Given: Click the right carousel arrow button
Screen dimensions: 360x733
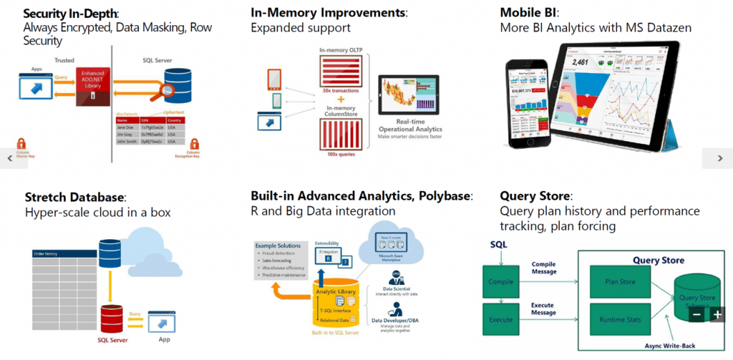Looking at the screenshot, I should click(x=717, y=158).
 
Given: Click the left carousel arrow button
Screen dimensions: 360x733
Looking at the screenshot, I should click(x=10, y=158).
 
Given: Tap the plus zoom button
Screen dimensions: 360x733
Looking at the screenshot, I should click(x=717, y=314).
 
